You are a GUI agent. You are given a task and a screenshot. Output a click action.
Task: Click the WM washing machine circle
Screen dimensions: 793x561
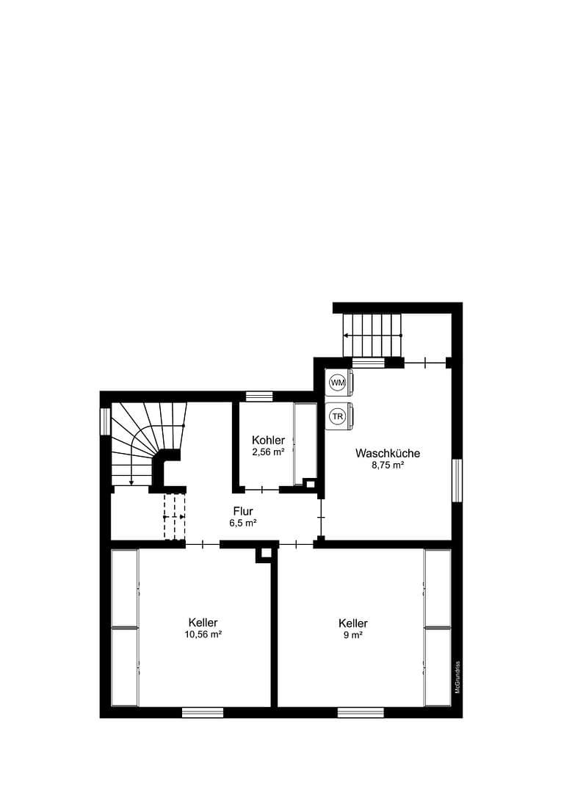tap(337, 383)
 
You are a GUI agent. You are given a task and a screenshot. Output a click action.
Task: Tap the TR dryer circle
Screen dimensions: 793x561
tap(337, 416)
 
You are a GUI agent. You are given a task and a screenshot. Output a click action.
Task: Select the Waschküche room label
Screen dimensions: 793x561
tap(388, 453)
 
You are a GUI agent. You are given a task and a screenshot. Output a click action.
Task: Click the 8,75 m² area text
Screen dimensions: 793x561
tap(388, 465)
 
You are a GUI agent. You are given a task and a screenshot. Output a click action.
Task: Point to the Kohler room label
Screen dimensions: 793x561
tap(268, 440)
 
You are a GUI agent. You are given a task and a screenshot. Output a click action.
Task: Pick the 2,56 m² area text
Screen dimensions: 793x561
tap(268, 452)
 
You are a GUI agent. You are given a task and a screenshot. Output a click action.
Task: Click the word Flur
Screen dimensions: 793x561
tap(243, 511)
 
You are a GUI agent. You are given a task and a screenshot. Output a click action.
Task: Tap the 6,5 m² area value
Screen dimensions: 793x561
tap(243, 523)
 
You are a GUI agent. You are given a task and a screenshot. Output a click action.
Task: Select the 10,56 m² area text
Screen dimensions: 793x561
tap(202, 634)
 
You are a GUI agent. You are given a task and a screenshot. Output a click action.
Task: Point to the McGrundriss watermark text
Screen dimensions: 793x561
tap(457, 676)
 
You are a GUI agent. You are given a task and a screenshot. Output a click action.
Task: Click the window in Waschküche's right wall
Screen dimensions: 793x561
tap(457, 480)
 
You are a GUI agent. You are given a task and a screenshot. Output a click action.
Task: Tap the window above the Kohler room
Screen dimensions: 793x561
tap(259, 396)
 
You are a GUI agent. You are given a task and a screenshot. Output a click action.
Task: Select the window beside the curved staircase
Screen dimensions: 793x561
tap(105, 421)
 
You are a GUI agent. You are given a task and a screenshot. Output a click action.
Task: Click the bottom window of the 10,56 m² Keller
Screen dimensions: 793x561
tap(203, 711)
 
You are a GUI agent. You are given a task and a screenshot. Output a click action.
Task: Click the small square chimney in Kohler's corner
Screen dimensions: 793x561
tap(310, 483)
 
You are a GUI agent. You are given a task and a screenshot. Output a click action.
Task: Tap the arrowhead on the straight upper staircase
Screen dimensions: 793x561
tap(346, 335)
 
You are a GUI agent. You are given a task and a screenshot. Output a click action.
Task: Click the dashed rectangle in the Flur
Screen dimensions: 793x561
tap(175, 517)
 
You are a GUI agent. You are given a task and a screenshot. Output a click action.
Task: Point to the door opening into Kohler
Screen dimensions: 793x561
tap(262, 489)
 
